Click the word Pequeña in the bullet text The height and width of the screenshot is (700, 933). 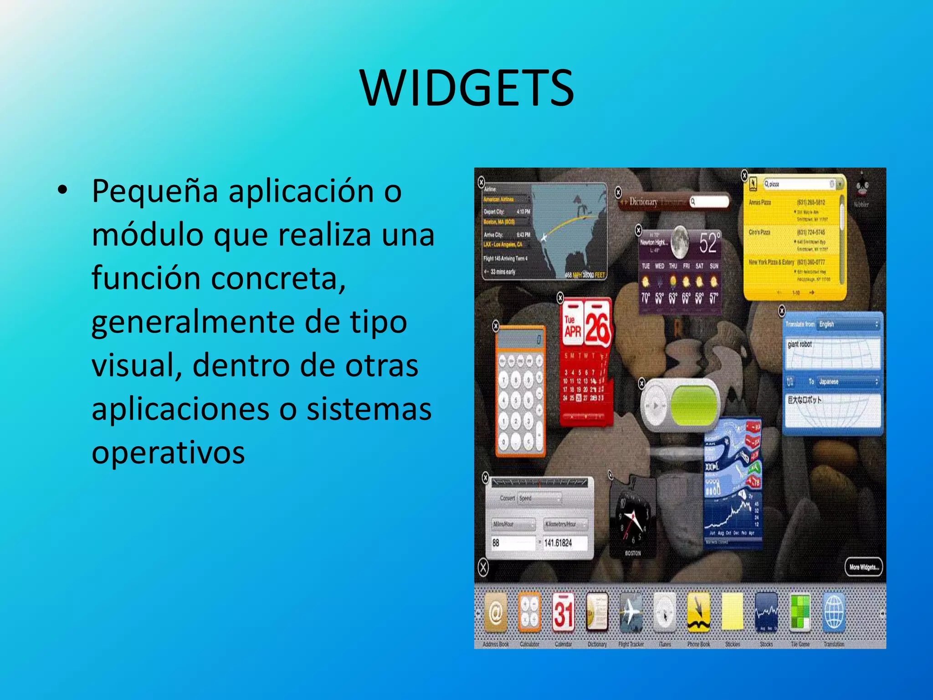point(155,191)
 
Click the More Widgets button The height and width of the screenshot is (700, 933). point(863,567)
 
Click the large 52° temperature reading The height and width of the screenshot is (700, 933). point(710,243)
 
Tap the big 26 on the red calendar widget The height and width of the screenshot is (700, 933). point(597,327)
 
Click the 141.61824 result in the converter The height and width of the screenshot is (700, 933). point(559,543)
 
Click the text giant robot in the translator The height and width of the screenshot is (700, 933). point(800,345)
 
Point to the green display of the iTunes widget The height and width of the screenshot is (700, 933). point(693,404)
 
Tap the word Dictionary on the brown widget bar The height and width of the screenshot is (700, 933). point(643,202)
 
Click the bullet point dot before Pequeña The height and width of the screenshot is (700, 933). point(63,190)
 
